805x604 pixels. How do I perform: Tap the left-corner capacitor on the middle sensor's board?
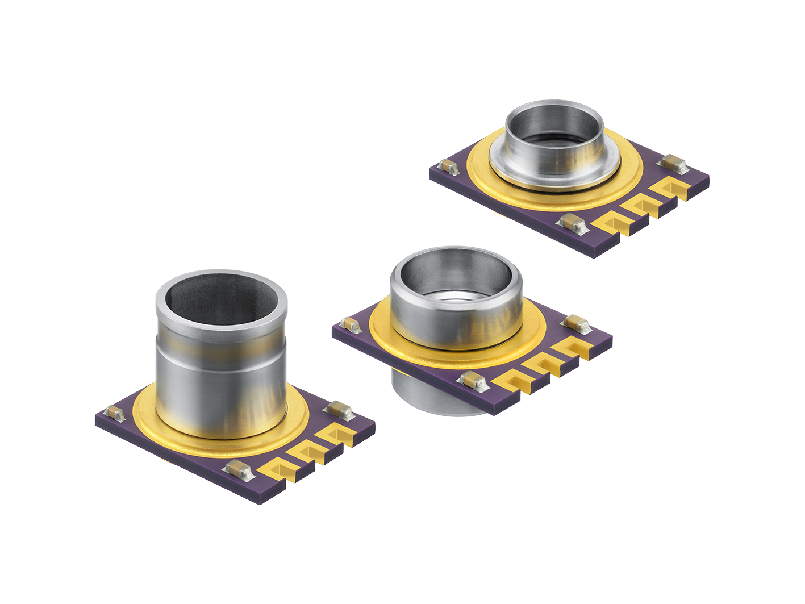coord(351,325)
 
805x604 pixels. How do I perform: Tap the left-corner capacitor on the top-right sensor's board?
coord(449,167)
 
